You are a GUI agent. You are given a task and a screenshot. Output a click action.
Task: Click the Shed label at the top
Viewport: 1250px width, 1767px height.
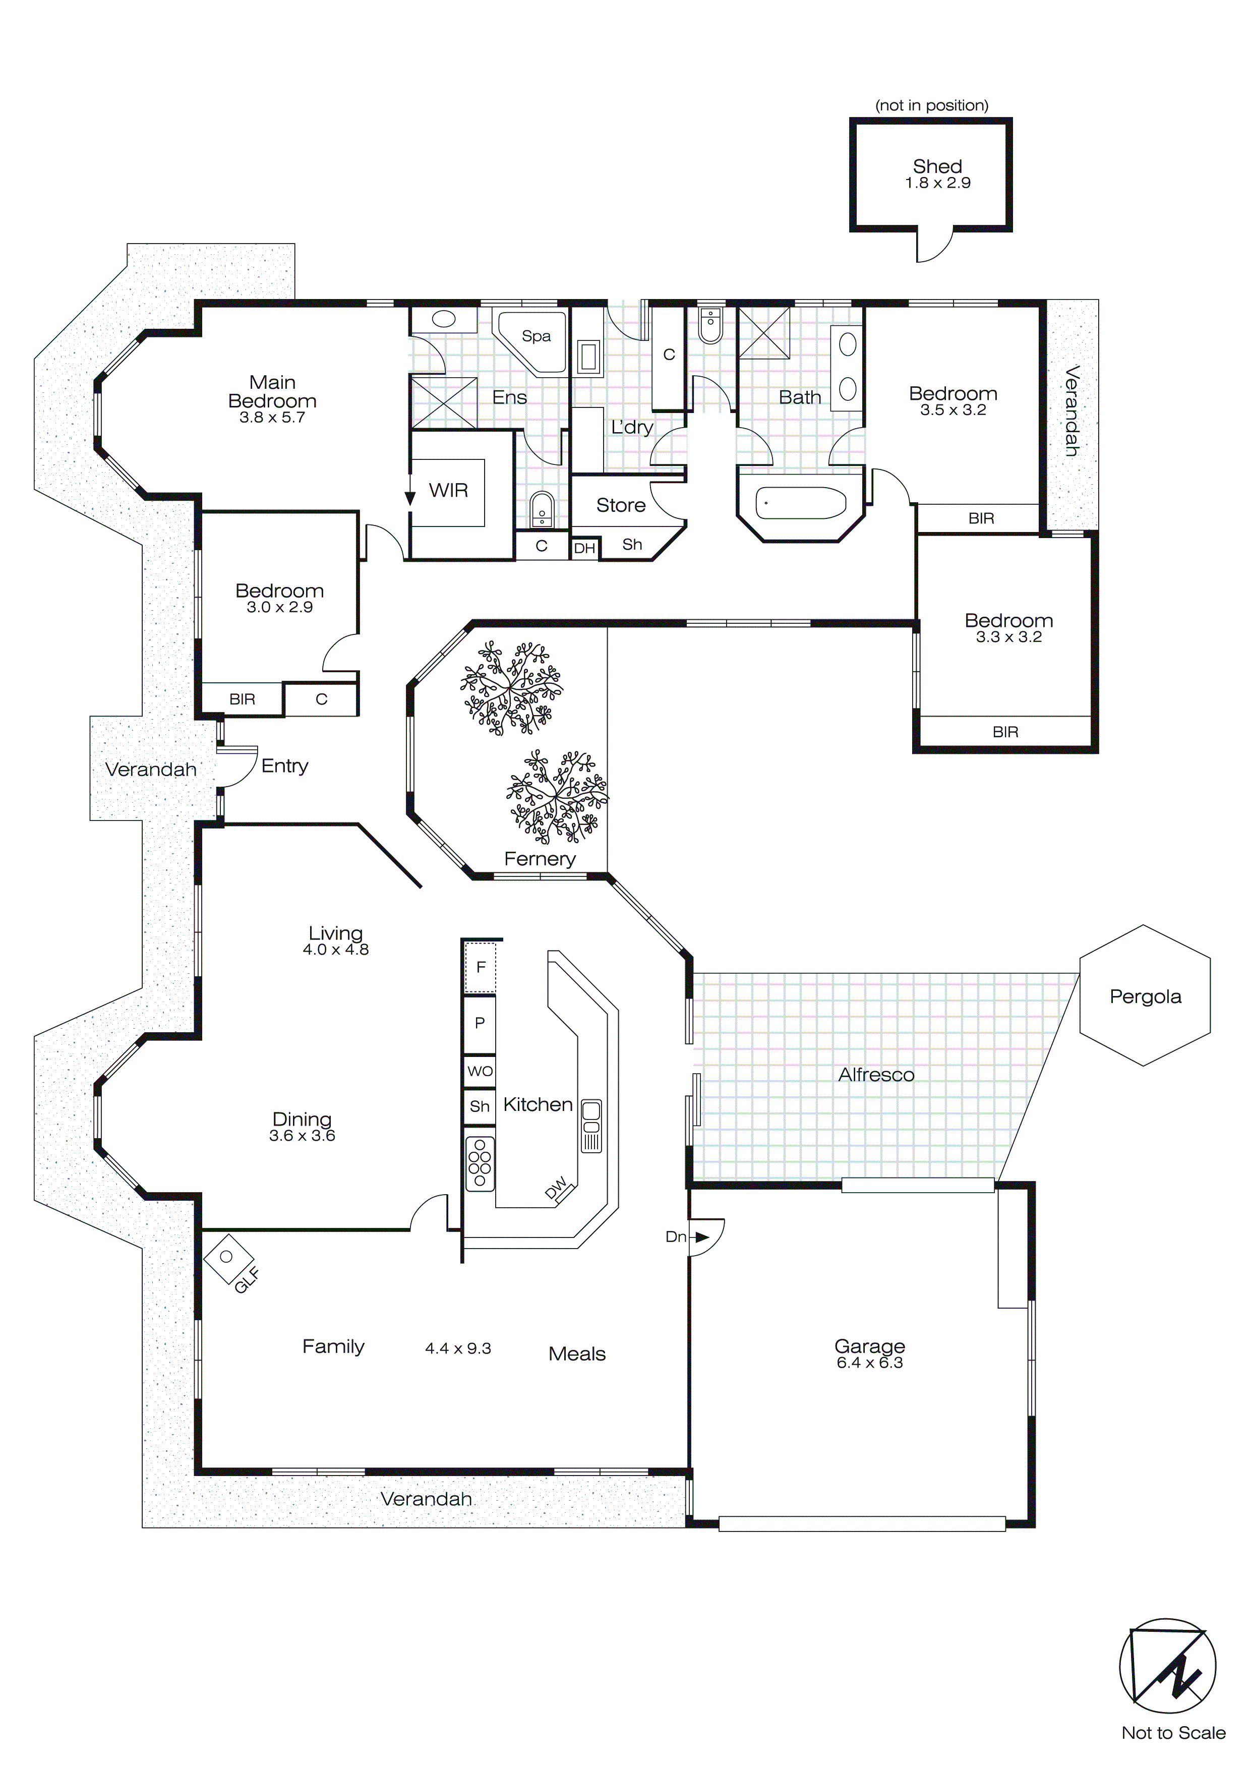pos(937,166)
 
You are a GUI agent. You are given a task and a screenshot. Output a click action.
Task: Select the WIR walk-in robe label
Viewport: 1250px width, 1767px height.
pos(448,490)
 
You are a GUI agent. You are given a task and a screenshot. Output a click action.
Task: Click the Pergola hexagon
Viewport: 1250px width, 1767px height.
pos(1145,996)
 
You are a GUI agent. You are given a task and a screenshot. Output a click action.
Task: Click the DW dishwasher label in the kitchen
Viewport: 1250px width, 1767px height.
pos(556,1188)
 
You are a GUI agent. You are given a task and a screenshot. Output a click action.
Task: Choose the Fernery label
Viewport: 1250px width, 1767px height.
pos(540,859)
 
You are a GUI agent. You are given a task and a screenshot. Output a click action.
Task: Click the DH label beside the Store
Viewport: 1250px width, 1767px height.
pos(584,549)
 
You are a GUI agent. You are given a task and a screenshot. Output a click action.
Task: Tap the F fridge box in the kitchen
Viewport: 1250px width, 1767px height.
pos(481,967)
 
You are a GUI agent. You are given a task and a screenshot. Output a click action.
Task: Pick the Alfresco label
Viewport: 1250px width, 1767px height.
pos(876,1074)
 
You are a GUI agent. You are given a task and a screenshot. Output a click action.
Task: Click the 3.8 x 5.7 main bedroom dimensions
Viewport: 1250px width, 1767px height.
pos(272,418)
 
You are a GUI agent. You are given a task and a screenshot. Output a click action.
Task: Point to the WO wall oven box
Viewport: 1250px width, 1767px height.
pos(480,1071)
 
